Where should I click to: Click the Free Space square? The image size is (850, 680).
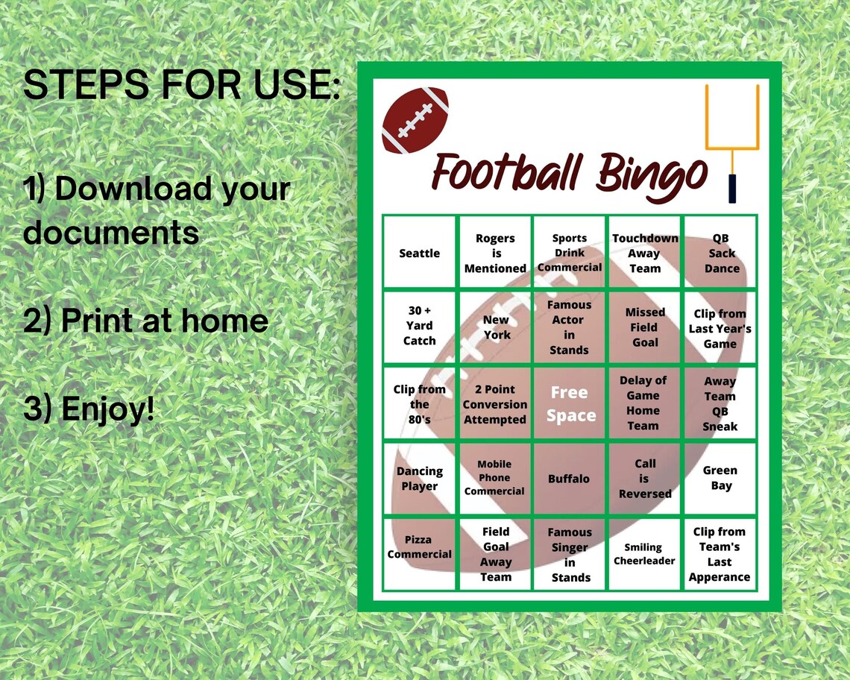[570, 403]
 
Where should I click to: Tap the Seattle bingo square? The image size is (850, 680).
[420, 253]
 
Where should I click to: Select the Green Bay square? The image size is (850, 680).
[720, 478]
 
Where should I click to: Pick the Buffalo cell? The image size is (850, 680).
[569, 479]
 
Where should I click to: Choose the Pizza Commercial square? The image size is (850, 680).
[420, 547]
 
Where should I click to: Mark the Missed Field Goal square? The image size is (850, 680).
[645, 327]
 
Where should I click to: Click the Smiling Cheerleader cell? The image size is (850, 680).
[644, 554]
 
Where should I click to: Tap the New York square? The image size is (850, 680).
[496, 327]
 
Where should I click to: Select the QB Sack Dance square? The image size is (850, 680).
[721, 253]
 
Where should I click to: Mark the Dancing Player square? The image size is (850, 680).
[420, 479]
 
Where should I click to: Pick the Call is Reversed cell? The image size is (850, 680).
[645, 479]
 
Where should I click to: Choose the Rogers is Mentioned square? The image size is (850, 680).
[495, 253]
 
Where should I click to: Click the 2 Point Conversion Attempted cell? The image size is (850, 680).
[495, 404]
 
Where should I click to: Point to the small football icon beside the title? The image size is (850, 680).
[415, 120]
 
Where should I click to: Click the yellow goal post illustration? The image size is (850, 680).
[732, 142]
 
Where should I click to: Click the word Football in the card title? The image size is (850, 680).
[507, 173]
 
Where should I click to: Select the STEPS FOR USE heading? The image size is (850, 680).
[182, 86]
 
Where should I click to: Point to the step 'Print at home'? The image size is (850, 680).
[146, 321]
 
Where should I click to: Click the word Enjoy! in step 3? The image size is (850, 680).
[108, 409]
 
